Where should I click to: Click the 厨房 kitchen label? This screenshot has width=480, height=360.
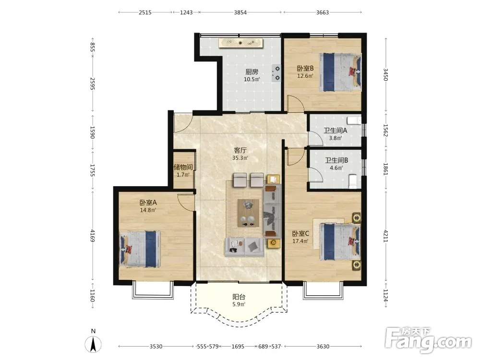tap(252, 72)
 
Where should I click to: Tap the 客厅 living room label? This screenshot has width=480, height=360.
tap(240, 150)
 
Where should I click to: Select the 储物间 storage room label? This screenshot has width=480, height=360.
tap(183, 167)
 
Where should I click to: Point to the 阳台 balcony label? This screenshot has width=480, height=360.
tap(239, 297)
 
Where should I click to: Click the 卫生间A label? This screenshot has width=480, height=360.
tap(336, 131)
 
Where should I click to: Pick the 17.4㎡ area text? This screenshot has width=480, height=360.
tap(300, 241)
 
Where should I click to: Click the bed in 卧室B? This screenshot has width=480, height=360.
tap(340, 72)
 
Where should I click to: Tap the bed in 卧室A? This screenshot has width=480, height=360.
tap(140, 249)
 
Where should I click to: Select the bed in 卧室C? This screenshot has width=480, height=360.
tap(340, 241)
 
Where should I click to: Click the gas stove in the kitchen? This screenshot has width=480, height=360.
tap(276, 73)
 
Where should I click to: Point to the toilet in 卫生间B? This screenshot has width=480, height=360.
tap(353, 181)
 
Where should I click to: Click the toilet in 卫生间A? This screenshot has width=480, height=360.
tap(355, 120)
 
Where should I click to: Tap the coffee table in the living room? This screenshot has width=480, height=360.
tap(249, 213)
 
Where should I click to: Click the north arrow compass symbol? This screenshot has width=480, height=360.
tap(94, 344)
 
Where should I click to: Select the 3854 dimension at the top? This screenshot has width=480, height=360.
tap(240, 12)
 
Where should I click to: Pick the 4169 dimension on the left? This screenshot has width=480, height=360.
tap(93, 236)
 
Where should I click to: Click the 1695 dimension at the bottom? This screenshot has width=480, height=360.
tap(238, 346)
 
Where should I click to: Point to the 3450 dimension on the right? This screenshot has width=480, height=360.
tap(385, 74)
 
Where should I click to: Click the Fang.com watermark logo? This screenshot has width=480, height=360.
tap(428, 340)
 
